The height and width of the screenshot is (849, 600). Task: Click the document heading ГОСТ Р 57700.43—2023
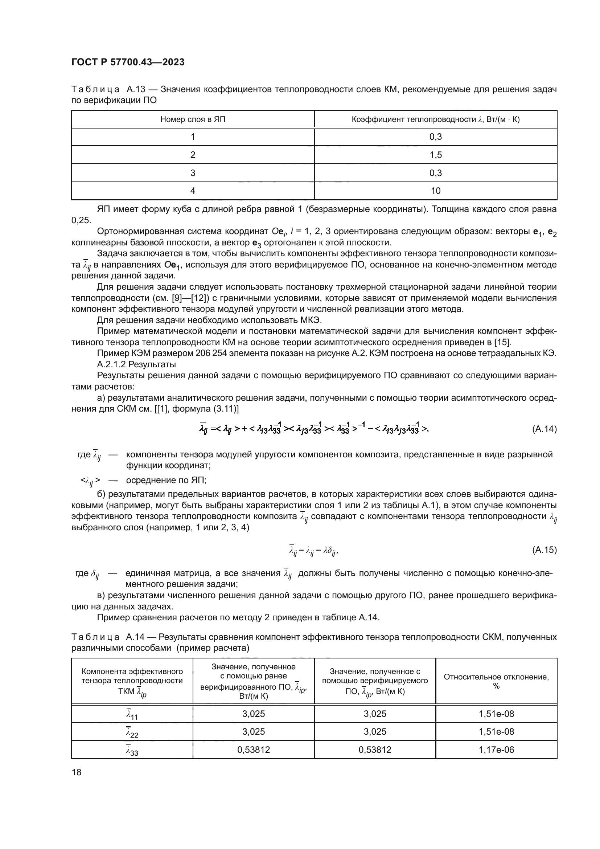128,62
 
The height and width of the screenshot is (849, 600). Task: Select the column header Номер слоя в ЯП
193,119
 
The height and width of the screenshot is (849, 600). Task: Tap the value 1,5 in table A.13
436,155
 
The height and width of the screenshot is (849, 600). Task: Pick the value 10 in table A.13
436,191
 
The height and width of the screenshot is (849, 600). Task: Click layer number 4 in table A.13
193,191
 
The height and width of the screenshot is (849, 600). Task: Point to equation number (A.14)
544,429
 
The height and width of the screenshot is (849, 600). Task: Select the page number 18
77,772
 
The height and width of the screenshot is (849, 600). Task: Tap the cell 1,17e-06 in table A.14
496,750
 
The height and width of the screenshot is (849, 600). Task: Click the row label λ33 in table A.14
132,750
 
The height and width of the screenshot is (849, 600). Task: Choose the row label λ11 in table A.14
132,714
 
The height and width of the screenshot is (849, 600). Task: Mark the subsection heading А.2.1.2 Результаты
136,364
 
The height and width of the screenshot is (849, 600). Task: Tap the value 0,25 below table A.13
81,220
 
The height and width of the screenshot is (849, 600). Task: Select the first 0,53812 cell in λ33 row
254,750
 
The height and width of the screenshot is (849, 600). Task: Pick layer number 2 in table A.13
193,155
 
